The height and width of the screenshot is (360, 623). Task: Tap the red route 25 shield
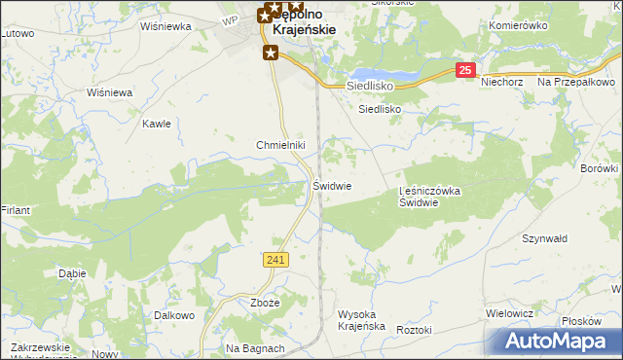[466, 70]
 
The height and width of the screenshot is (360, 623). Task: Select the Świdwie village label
[332, 185]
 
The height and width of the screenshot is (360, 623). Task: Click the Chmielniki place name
[281, 145]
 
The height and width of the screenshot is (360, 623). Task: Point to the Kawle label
[157, 124]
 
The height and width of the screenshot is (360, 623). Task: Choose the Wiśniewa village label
[109, 92]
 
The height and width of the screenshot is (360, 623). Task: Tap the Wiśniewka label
[165, 26]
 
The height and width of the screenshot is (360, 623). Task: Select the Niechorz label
[503, 82]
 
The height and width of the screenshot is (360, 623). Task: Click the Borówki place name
[600, 168]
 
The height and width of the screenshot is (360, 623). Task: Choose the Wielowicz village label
[509, 314]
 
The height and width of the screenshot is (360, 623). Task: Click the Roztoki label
[414, 330]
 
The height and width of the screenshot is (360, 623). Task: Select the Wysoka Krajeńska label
[362, 320]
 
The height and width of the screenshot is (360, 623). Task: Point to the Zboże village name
[265, 303]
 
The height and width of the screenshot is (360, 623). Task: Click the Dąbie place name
[72, 273]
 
